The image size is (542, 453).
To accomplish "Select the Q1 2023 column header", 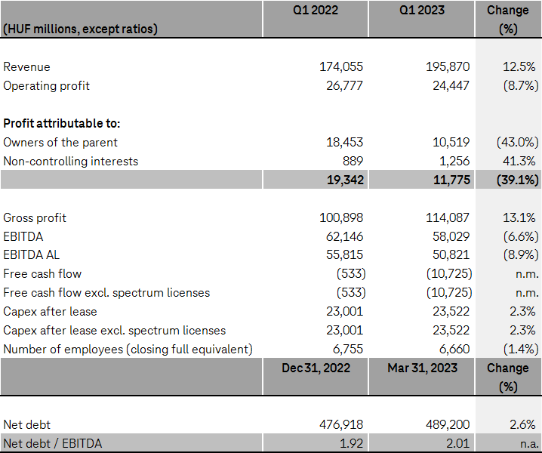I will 422,11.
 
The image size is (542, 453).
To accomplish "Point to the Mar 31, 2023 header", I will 422,368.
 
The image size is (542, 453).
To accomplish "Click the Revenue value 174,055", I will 341,67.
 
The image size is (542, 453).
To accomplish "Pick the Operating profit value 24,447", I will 448,85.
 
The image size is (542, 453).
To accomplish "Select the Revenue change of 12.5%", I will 519,67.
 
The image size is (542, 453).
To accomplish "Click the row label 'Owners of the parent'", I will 60,142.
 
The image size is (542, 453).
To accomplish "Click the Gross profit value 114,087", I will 448,217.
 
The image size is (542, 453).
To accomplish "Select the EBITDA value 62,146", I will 341,236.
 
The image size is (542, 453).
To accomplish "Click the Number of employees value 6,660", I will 453,349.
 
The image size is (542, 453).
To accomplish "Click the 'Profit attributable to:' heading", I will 62,123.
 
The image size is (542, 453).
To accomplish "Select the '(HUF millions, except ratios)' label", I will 80,29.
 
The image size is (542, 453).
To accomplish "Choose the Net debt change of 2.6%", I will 522,424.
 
